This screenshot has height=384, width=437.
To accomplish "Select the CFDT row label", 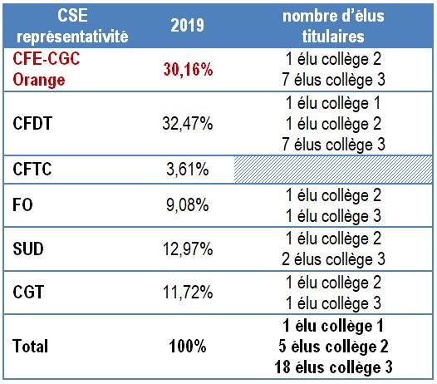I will pyautogui.click(x=32, y=125).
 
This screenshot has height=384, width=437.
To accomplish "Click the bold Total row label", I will pyautogui.click(x=31, y=345).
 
